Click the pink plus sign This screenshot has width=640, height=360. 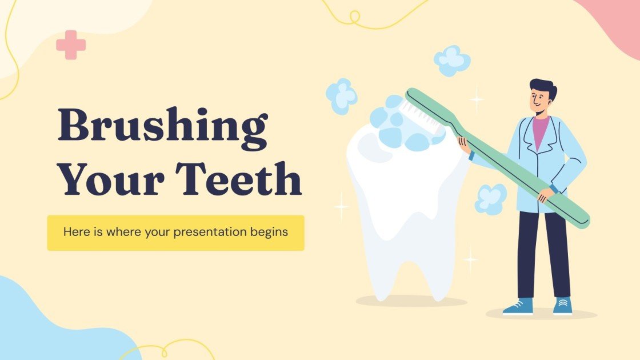[x=71, y=45]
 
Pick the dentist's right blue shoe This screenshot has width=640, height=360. [x=562, y=306]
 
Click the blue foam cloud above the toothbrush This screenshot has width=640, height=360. [x=452, y=60]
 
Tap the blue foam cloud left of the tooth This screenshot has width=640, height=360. [x=341, y=96]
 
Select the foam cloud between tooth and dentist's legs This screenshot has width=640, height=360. [x=490, y=199]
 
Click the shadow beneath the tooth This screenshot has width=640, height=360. [x=411, y=301]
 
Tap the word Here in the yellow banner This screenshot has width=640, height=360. [x=75, y=233]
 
